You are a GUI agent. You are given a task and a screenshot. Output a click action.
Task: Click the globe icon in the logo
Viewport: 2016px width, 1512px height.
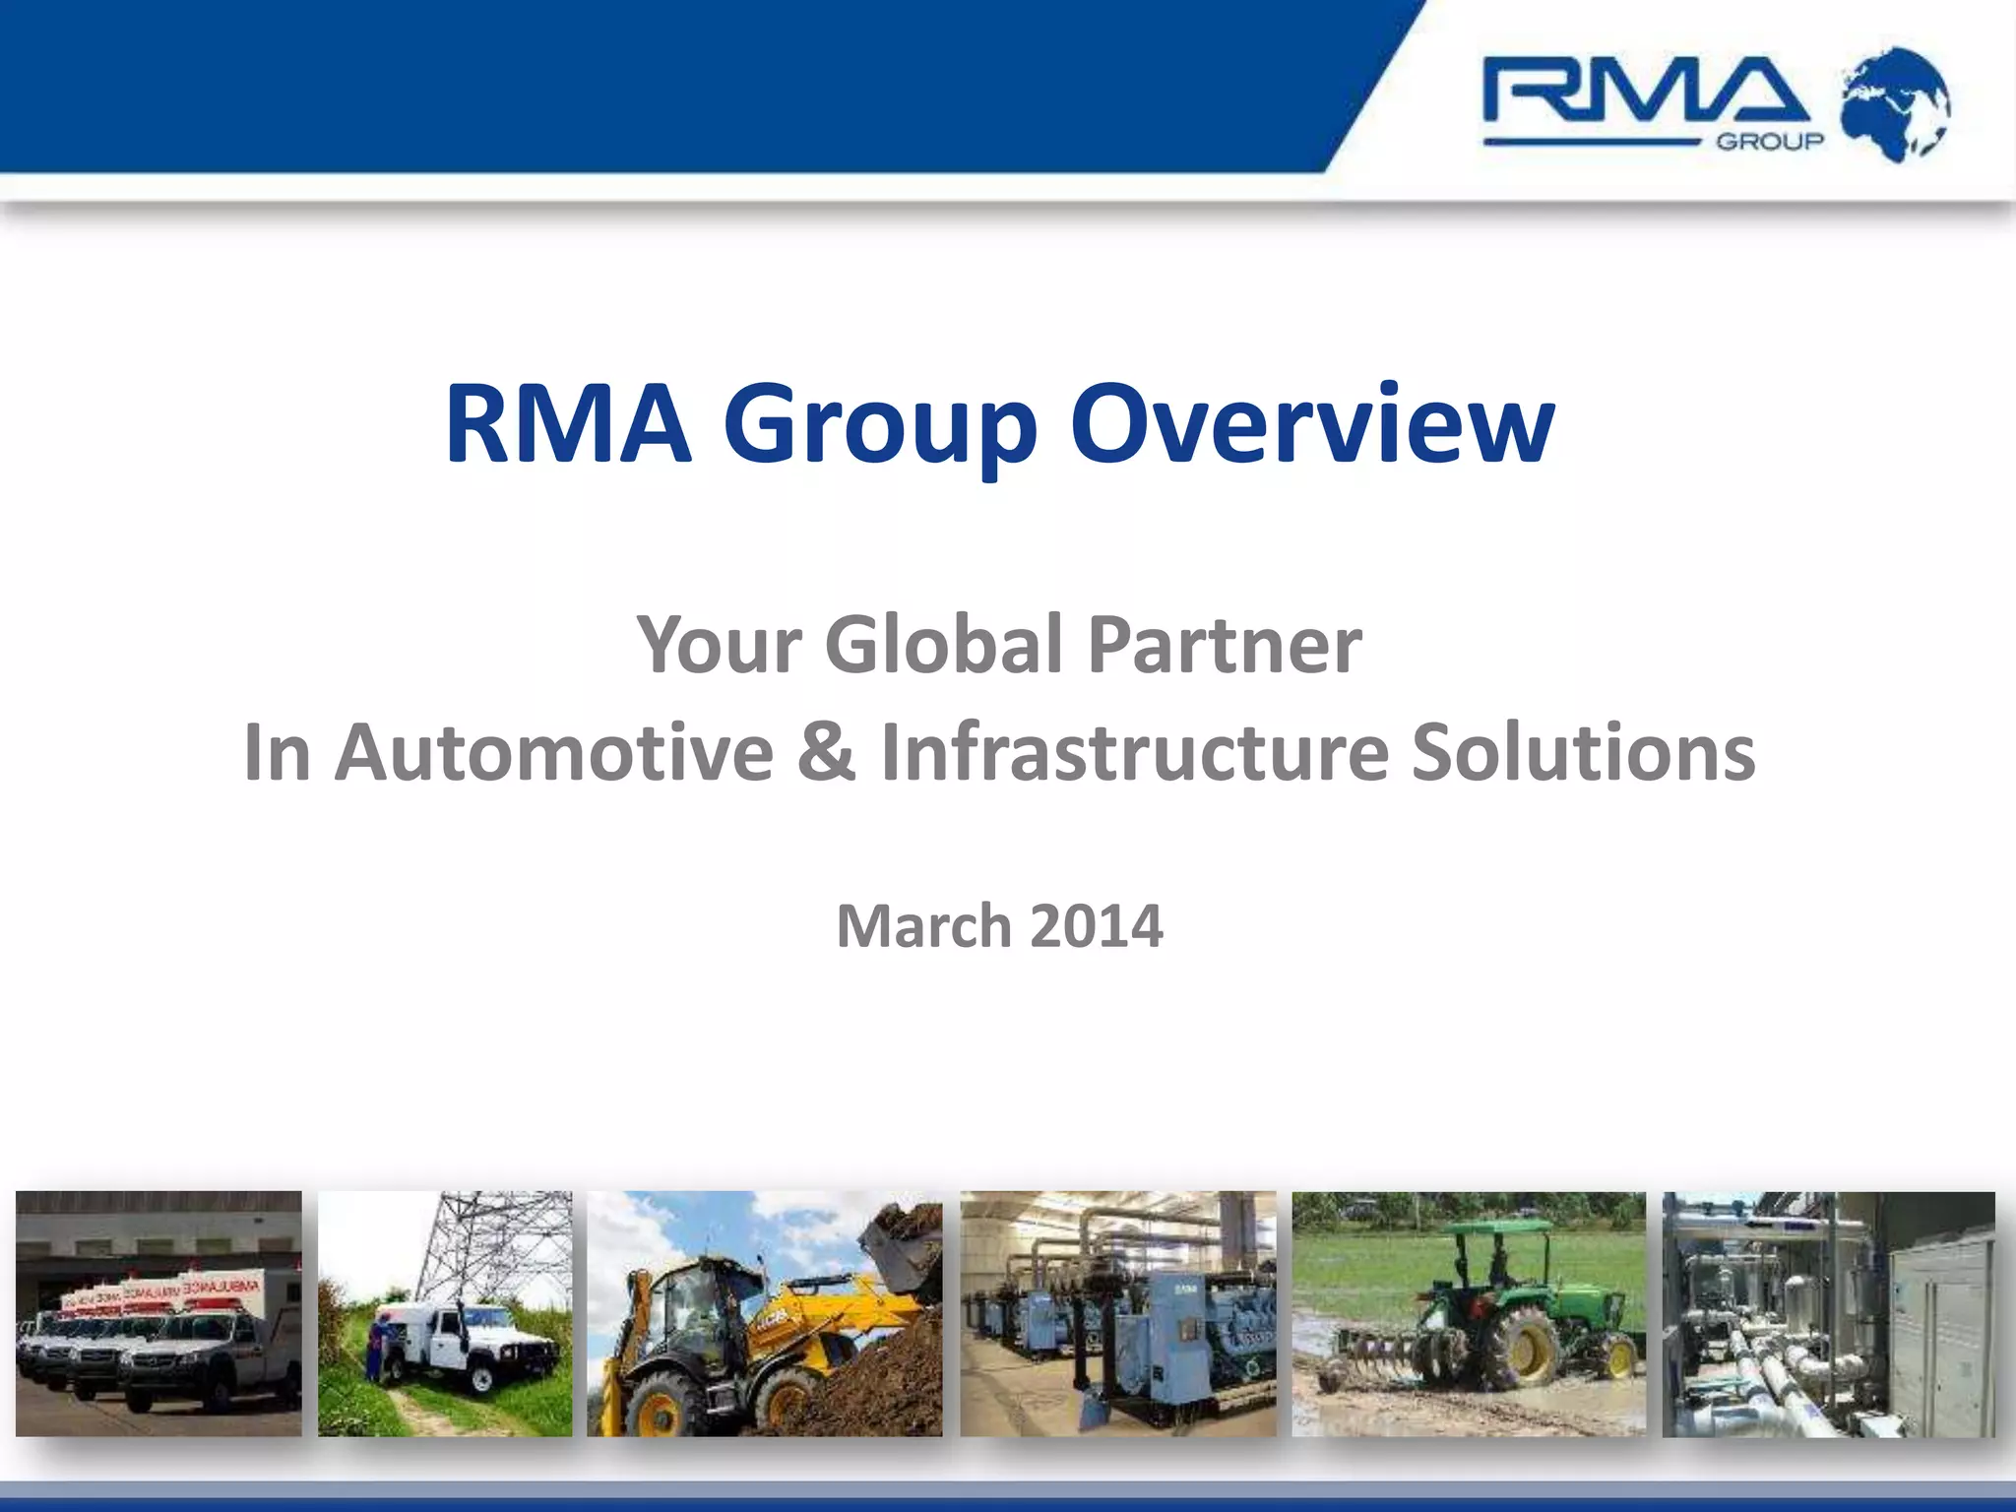point(1895,103)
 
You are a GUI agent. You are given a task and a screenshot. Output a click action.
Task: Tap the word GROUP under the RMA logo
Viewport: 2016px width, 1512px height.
point(1770,142)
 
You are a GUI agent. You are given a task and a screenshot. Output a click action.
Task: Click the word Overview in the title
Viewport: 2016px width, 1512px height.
point(1312,424)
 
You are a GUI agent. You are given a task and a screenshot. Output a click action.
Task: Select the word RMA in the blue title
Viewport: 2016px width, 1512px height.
point(568,424)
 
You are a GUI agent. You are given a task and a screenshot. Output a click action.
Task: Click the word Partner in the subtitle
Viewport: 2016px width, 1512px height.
point(1225,645)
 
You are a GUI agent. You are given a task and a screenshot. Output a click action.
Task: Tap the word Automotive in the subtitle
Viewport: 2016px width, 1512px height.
point(554,753)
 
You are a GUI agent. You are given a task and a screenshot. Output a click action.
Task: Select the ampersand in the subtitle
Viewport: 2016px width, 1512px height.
point(827,753)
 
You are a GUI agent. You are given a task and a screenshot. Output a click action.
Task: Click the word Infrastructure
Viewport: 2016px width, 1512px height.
point(1134,753)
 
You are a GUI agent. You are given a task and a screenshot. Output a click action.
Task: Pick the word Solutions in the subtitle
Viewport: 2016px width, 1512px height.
point(1583,753)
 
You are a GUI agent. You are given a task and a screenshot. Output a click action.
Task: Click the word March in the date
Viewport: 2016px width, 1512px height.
point(923,926)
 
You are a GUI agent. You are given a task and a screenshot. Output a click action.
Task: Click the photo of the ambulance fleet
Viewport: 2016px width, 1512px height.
point(158,1313)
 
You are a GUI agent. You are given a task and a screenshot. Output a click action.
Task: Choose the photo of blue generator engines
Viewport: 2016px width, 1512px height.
point(1117,1313)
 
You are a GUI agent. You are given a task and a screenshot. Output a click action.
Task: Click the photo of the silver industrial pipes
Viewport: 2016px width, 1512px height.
point(1828,1313)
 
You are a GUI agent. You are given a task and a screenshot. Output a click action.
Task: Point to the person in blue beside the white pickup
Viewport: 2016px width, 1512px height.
point(378,1349)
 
